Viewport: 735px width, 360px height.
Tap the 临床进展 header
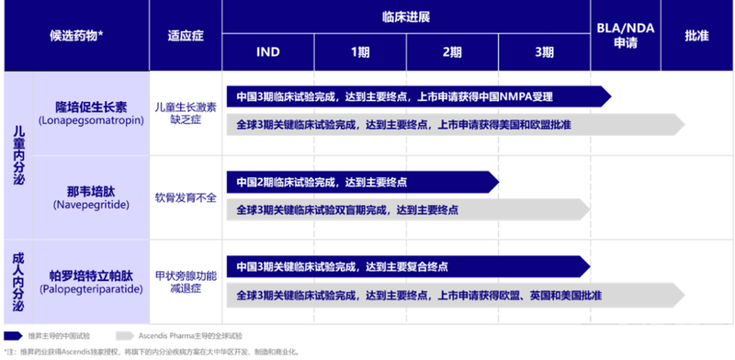pyautogui.click(x=405, y=16)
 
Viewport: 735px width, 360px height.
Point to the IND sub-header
pyautogui.click(x=267, y=52)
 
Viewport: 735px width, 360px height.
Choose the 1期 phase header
pyautogui.click(x=359, y=52)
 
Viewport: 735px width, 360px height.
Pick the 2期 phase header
pyautogui.click(x=452, y=52)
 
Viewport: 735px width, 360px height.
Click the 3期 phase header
pyautogui.click(x=544, y=52)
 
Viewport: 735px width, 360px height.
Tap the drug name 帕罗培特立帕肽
pyautogui.click(x=92, y=274)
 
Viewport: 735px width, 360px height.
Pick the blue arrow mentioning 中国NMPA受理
pyautogui.click(x=413, y=96)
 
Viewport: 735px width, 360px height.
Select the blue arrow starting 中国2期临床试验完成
pyautogui.click(x=367, y=181)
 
